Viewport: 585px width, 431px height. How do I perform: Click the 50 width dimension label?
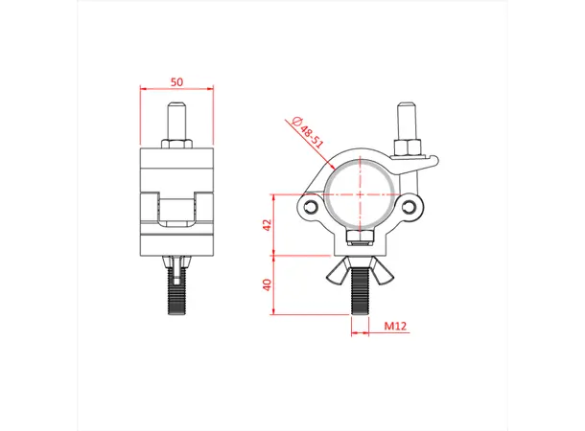176,82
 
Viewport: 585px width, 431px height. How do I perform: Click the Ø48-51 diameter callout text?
308,130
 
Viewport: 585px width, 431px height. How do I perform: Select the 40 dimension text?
269,284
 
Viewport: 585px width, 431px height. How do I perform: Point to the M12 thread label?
395,327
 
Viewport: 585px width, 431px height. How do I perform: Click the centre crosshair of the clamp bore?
362,193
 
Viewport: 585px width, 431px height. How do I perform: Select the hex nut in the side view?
176,144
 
